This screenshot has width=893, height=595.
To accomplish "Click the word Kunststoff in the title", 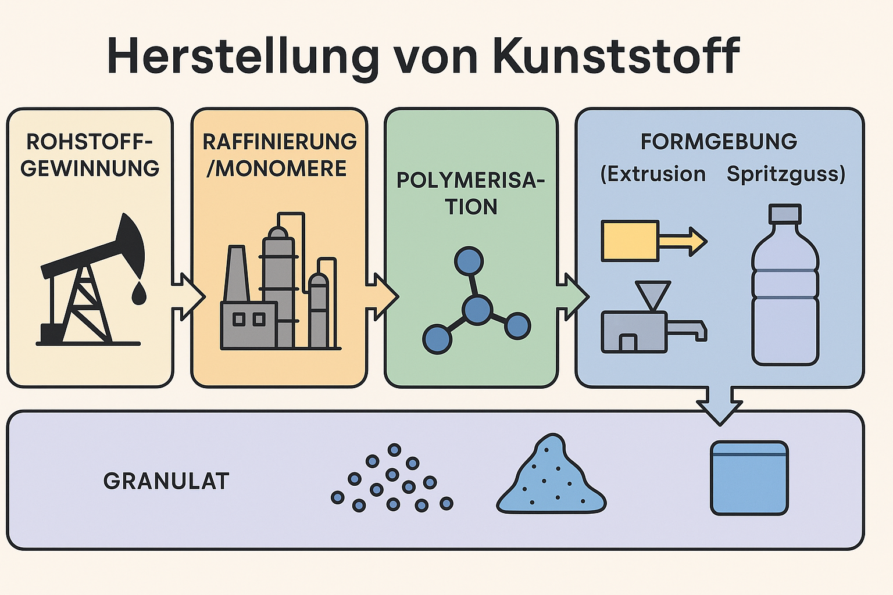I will click(x=616, y=56).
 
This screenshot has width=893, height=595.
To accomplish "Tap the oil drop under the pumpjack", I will click(x=138, y=294).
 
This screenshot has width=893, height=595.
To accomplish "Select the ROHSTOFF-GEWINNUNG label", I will click(x=90, y=155).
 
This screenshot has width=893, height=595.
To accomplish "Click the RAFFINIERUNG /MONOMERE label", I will click(x=279, y=155).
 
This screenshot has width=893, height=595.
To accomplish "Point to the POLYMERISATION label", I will click(x=471, y=193).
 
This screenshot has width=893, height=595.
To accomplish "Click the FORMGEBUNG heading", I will click(x=719, y=142).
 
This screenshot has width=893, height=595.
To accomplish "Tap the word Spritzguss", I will click(x=785, y=174).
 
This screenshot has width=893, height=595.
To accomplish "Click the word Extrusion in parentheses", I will click(x=653, y=174).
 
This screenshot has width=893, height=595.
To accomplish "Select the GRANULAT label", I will click(x=166, y=481).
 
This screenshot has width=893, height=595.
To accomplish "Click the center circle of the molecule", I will click(x=477, y=309).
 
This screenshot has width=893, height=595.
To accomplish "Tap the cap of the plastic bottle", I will click(x=785, y=213).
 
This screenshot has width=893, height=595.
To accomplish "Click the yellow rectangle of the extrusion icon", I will click(x=630, y=240).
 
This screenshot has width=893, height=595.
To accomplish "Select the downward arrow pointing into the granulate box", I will click(x=720, y=404).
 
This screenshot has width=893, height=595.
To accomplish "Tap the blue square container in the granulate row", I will click(x=749, y=478).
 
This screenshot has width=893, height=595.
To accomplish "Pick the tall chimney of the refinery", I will click(x=236, y=273).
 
